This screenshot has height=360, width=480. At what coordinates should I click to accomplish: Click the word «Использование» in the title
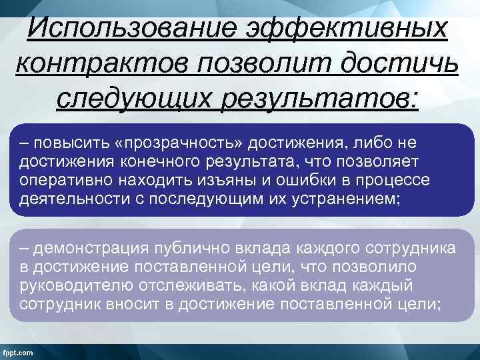pyautogui.click(x=131, y=27)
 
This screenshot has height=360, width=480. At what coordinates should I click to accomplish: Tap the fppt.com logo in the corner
pyautogui.click(x=20, y=351)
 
